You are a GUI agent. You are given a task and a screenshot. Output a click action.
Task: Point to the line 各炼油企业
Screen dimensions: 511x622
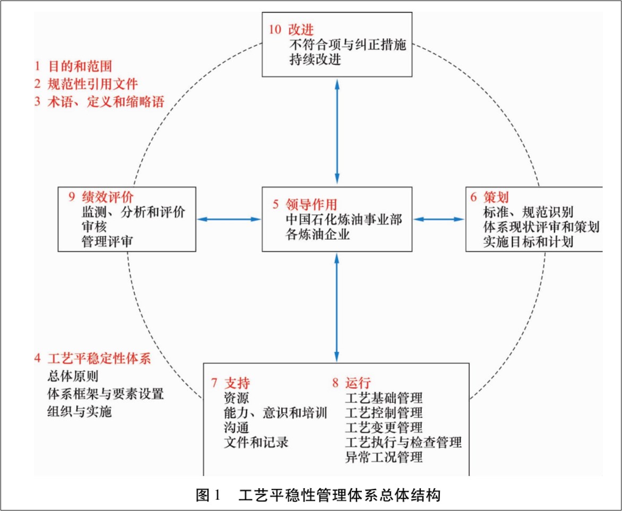pos(317,233)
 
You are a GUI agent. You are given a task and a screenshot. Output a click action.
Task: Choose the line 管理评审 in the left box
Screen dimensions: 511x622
pos(107,241)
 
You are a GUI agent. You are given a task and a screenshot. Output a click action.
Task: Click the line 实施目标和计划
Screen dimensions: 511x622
pos(528,242)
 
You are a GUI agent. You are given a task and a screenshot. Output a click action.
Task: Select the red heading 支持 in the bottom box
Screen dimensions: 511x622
pos(237,383)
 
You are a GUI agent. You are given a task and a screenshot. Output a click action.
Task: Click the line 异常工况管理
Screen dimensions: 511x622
pos(384,456)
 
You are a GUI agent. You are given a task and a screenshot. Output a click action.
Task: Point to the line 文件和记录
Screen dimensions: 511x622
pos(256,441)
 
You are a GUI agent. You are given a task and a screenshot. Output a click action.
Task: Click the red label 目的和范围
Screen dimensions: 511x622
pos(80,66)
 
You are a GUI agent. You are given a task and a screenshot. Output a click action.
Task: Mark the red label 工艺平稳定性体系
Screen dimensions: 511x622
pos(99,358)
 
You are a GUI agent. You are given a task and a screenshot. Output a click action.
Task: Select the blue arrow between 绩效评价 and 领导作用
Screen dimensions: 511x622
pos(229,219)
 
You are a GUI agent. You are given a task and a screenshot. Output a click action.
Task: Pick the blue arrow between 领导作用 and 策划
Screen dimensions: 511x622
pos(439,219)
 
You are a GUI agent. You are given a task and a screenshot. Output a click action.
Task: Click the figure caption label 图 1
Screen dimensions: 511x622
pos(208,496)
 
